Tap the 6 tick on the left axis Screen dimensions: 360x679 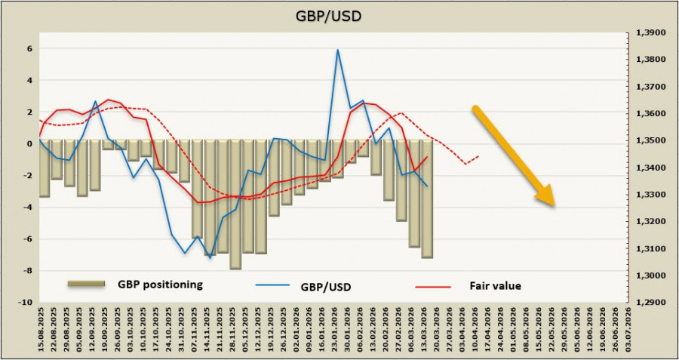click(29, 49)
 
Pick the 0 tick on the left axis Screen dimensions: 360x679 click(29, 143)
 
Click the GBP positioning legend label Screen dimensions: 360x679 click(159, 285)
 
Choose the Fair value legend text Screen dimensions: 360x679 click(496, 286)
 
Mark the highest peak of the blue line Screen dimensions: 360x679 click(337, 50)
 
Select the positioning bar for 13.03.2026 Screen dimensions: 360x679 click(427, 199)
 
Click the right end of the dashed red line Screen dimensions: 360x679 click(478, 156)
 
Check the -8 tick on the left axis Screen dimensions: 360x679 click(28, 271)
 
